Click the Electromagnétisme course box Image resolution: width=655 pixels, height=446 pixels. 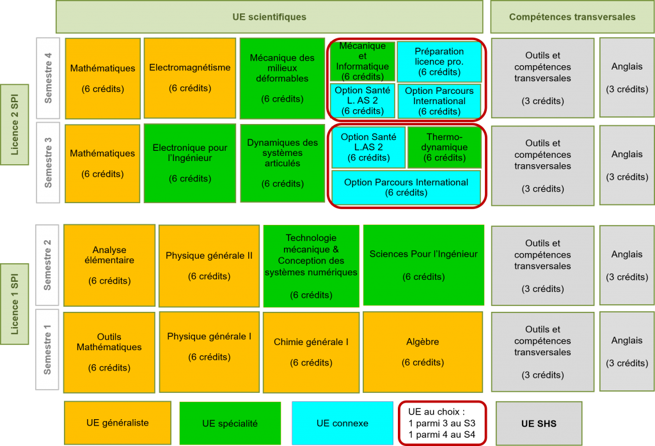tap(190, 78)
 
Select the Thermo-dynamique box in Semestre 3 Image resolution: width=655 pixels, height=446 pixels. tap(445, 147)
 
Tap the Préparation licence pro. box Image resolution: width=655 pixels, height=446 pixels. tap(439, 61)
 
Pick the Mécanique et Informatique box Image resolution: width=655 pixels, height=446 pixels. tap(362, 61)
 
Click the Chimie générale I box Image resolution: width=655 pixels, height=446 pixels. tap(311, 351)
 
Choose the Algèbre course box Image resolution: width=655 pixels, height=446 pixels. tap(423, 351)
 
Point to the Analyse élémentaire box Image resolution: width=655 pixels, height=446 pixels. tap(109, 265)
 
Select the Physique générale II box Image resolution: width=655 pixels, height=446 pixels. tap(209, 265)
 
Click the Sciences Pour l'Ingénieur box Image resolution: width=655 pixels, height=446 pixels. tap(423, 265)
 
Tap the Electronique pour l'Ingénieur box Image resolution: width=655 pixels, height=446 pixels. tap(190, 163)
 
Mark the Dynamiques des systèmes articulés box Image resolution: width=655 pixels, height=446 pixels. tap(282, 163)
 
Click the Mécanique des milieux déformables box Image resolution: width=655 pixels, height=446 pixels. tap(282, 78)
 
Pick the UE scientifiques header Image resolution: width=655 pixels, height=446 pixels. tap(269, 17)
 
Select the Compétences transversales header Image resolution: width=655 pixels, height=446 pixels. tap(572, 17)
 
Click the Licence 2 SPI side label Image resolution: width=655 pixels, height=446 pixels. tap(14, 124)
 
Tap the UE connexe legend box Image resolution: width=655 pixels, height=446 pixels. tap(342, 422)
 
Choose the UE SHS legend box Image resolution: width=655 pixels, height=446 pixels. tap(539, 423)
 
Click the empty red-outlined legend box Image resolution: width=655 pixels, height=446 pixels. tap(443, 422)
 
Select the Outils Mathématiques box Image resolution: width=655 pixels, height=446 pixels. tap(109, 351)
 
